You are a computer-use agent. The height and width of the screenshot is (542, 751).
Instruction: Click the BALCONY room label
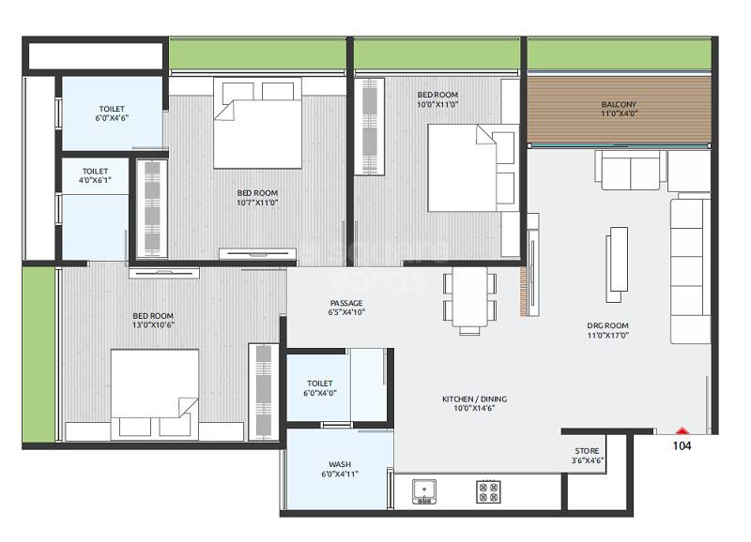point(619,104)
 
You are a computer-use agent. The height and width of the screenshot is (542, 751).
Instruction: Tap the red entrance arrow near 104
point(682,430)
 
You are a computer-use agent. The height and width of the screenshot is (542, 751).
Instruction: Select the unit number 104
point(682,446)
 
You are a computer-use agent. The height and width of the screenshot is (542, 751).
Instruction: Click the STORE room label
point(587,451)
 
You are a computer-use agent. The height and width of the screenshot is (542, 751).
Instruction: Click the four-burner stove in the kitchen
point(488,491)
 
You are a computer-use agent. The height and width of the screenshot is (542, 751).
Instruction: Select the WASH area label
point(339,464)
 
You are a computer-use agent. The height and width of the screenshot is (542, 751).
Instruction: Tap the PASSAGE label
point(346,302)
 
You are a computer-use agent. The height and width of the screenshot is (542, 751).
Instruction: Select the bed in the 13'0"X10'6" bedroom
point(155,394)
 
